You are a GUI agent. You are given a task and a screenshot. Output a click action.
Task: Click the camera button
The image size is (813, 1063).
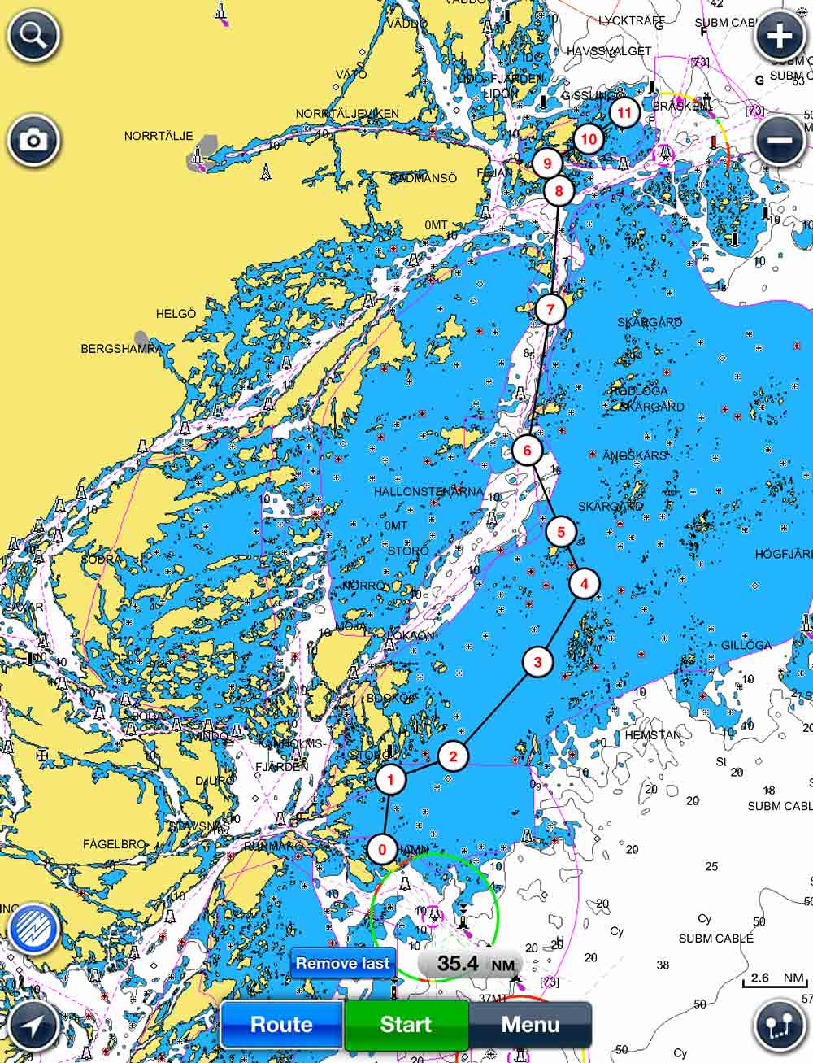pyautogui.click(x=34, y=140)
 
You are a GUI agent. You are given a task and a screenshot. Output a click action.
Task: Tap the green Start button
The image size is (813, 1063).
pyautogui.click(x=406, y=1024)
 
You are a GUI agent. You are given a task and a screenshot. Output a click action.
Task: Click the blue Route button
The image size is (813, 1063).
pyautogui.click(x=281, y=1024)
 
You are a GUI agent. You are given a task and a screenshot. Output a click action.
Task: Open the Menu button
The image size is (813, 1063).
pyautogui.click(x=530, y=1024)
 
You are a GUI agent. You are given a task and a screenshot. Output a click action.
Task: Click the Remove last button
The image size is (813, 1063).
pyautogui.click(x=343, y=963)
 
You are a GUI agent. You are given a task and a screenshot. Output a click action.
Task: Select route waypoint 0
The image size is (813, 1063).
pyautogui.click(x=382, y=849)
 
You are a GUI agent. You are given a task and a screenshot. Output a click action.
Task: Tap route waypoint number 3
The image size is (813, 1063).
pyautogui.click(x=537, y=662)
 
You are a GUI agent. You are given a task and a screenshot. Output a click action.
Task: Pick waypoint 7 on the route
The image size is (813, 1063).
pyautogui.click(x=551, y=309)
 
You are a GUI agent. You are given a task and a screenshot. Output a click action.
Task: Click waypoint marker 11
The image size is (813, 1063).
pyautogui.click(x=624, y=112)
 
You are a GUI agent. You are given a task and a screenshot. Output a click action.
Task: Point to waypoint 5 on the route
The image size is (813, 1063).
pyautogui.click(x=561, y=533)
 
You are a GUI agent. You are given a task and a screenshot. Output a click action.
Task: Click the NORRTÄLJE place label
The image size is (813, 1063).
pyautogui.click(x=159, y=136)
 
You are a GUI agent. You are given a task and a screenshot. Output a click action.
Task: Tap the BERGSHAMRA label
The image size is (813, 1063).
pyautogui.click(x=121, y=349)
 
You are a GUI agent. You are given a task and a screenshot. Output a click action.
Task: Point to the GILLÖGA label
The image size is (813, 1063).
pyautogui.click(x=746, y=645)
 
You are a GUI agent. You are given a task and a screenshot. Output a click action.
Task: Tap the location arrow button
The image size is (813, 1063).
pyautogui.click(x=33, y=1025)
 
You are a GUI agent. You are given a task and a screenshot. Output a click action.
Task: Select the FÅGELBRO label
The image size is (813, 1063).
pyautogui.click(x=114, y=844)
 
